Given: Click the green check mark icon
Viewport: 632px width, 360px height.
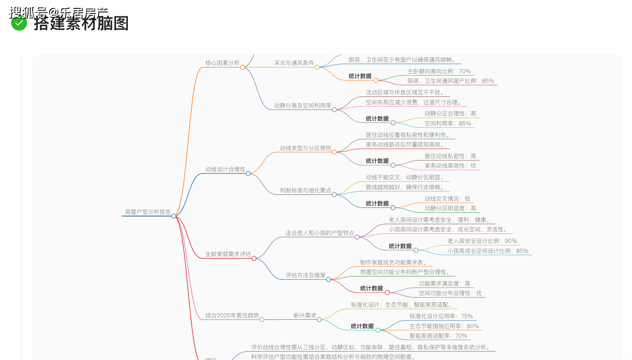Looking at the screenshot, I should coord(19,23).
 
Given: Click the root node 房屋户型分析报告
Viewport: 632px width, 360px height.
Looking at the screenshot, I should coord(147,212).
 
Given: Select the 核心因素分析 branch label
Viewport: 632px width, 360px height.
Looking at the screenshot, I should coord(222,63).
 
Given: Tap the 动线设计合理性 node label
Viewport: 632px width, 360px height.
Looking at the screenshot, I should coord(225,169).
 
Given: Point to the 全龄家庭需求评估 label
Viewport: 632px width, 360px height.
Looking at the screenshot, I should coord(228,254).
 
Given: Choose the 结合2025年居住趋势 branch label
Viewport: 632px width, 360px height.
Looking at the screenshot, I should coord(232,315).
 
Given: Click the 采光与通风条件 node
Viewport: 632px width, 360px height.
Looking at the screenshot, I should coord(294,63).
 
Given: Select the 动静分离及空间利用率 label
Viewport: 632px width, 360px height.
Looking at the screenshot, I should coord(302,106).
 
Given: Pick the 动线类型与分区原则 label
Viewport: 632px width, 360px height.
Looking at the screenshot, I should coord(305,148).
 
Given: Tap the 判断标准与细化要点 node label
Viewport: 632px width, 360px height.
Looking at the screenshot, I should coord(305,190).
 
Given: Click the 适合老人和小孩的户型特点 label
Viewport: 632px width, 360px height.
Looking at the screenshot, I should coord(320,233).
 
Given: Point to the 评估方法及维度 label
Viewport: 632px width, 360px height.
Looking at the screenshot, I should coord(305,275).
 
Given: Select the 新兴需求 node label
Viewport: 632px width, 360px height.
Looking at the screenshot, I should coord(304,315).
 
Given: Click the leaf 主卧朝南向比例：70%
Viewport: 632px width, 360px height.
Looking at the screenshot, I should coord(439,71).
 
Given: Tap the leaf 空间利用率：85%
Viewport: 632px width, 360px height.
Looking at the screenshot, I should coord(448,123).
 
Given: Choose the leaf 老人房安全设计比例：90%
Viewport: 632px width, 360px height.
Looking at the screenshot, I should coord(482,241).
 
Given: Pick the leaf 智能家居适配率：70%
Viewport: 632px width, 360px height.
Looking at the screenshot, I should coord(438,336).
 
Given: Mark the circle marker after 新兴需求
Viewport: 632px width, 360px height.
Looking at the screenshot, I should coord(319,319).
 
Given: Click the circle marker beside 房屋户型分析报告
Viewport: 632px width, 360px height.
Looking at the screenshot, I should coord(174,216).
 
